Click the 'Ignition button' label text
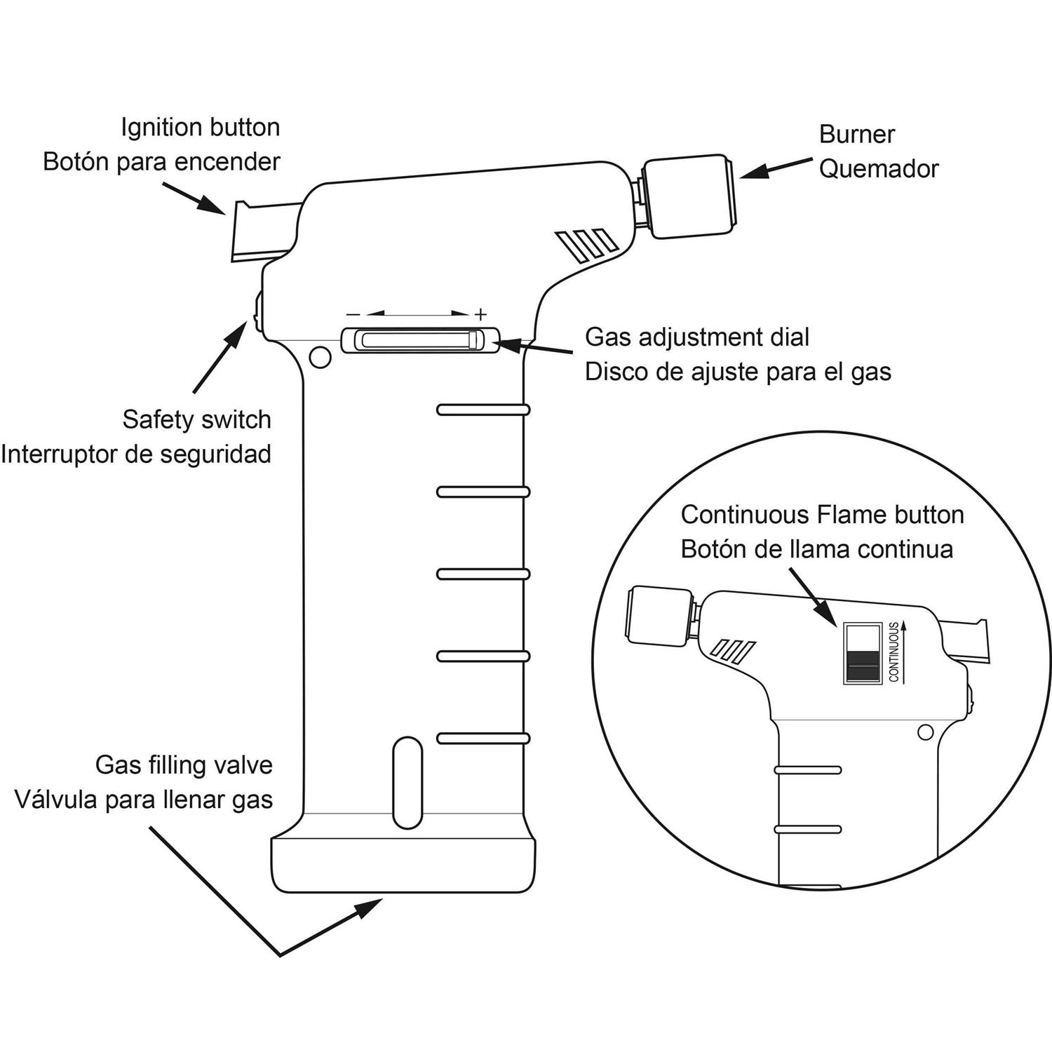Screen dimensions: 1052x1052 pos(201,128)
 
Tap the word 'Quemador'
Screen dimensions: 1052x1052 pos(879,169)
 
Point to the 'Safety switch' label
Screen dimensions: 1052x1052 pos(196,419)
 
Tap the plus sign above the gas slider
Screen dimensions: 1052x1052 pos(480,313)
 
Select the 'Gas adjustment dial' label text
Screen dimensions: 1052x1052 pos(697,337)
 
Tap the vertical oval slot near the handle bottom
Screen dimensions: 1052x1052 pos(407,782)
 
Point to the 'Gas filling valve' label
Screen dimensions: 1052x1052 pos(184,765)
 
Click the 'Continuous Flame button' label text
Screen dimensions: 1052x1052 pos(822,515)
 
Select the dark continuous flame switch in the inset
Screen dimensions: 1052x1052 pos(862,665)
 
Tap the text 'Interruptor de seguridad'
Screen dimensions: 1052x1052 pos(136,454)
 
